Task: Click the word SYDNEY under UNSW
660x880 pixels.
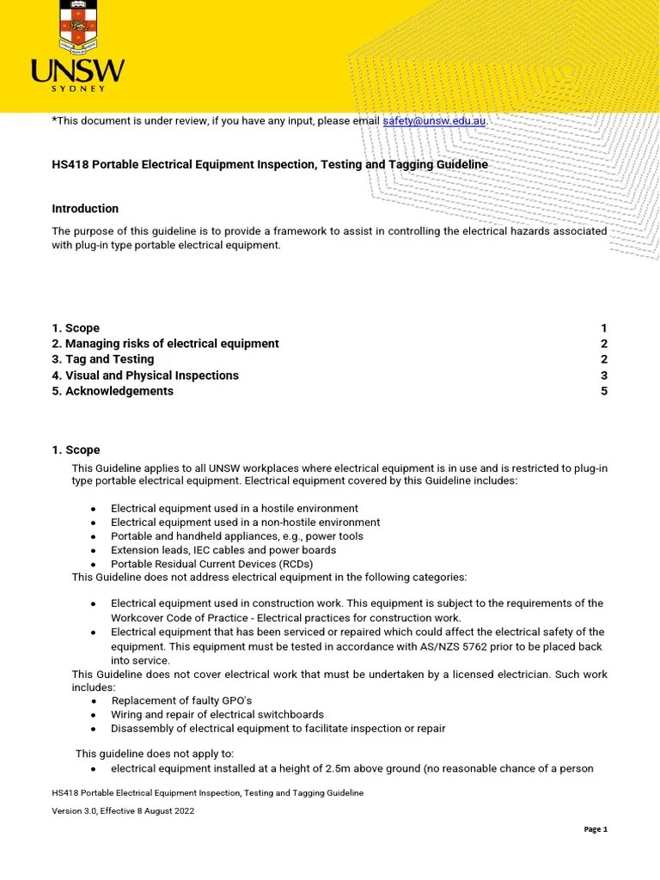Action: (78, 88)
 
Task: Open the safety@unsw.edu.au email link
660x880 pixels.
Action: (434, 121)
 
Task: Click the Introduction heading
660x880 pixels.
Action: (85, 209)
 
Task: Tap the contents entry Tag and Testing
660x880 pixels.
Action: (103, 359)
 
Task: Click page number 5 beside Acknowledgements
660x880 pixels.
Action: (604, 391)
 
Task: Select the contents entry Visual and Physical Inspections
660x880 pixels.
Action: (145, 376)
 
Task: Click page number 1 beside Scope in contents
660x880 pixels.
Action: (604, 328)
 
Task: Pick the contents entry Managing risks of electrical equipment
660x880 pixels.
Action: (165, 344)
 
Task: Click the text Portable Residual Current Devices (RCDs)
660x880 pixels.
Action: (211, 564)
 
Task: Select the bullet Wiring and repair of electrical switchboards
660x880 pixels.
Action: (217, 714)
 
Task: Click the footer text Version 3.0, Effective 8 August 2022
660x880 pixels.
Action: (123, 810)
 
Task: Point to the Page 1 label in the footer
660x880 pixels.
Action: (596, 829)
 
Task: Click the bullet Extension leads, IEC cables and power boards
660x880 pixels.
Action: (223, 550)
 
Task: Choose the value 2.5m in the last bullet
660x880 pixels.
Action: (360, 768)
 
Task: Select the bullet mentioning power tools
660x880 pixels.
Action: (237, 536)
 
